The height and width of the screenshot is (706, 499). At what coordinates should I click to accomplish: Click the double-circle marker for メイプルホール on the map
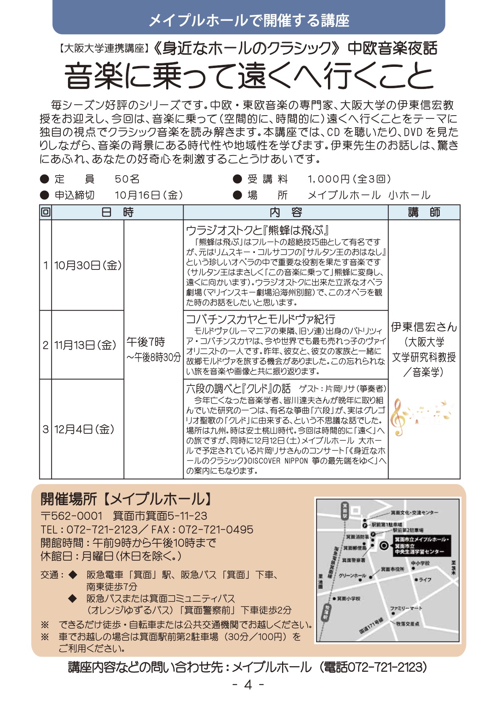click(x=384, y=546)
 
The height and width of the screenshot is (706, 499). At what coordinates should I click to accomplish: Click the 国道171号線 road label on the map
click(x=371, y=626)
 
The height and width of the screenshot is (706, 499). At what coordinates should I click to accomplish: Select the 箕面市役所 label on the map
click(x=393, y=569)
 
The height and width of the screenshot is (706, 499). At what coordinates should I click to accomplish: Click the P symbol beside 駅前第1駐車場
click(x=365, y=526)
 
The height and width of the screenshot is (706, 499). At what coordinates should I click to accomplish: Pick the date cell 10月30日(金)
click(x=88, y=265)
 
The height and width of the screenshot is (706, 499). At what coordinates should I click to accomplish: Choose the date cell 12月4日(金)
click(x=84, y=429)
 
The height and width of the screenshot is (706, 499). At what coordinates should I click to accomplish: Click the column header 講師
click(x=424, y=212)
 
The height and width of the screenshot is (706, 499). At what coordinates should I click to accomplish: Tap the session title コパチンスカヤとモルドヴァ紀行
click(x=260, y=319)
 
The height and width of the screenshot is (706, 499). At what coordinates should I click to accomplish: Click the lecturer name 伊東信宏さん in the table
click(x=424, y=327)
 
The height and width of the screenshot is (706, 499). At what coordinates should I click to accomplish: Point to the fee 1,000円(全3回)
click(x=349, y=179)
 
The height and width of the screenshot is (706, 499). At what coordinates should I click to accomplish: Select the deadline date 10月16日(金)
click(x=148, y=195)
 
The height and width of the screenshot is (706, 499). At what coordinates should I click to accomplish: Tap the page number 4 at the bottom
click(x=248, y=685)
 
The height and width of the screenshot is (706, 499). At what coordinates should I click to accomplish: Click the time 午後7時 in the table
click(x=146, y=342)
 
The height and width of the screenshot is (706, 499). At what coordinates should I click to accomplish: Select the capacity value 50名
click(x=127, y=179)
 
